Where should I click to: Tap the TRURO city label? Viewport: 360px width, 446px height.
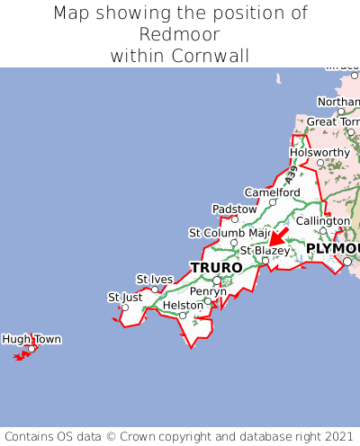216,268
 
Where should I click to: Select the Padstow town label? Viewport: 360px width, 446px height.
234,209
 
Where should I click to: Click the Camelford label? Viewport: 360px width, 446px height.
273,192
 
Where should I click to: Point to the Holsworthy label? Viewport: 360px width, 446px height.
319,152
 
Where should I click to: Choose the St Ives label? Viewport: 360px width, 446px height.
154,279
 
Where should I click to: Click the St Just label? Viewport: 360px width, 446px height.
125,297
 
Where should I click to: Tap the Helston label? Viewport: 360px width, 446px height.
183,306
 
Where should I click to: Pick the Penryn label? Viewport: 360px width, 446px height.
208,291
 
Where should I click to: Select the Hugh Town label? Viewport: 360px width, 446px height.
31,339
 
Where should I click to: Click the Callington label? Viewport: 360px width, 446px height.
323,220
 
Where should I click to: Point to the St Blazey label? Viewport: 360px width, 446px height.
265,251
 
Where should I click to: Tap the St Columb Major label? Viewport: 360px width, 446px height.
230,233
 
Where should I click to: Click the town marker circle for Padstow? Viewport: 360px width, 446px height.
235,219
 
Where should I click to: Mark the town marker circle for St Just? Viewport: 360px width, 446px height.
125,308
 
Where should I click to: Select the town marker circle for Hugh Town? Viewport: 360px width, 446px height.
31,349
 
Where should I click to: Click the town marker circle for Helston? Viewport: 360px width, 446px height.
183,316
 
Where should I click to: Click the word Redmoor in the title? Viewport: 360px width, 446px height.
180,34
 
